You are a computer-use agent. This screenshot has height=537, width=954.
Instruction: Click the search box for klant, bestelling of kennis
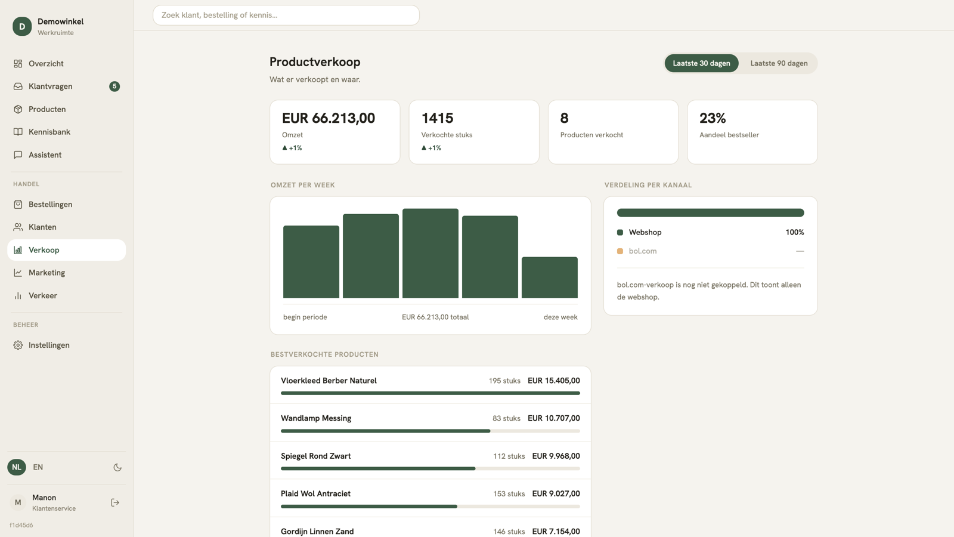point(286,15)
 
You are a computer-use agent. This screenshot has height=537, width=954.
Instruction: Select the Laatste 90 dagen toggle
point(779,63)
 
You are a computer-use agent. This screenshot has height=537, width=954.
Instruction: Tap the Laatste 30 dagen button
point(701,63)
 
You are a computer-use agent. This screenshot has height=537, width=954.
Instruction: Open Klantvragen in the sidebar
point(50,86)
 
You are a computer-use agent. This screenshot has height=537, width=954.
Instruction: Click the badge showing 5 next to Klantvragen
point(114,86)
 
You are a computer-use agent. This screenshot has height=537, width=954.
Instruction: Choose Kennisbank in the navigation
point(49,132)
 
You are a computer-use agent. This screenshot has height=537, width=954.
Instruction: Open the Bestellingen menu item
point(50,204)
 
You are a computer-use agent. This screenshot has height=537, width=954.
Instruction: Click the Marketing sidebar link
point(47,272)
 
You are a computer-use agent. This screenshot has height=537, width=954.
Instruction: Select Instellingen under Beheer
point(49,345)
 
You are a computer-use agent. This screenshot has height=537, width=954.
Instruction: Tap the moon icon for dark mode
point(117,467)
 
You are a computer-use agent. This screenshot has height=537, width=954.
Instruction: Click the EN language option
point(38,467)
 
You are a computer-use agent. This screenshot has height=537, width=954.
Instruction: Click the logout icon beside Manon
point(115,502)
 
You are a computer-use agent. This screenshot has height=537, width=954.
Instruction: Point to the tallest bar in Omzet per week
point(430,253)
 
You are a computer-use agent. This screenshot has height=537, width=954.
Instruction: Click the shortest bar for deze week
point(549,277)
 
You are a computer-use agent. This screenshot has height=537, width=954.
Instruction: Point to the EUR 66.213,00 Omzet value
point(329,118)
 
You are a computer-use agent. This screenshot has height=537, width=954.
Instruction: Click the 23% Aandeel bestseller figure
point(713,118)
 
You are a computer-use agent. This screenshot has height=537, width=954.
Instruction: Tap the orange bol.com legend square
point(620,251)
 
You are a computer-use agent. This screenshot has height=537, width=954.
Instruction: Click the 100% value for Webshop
point(795,232)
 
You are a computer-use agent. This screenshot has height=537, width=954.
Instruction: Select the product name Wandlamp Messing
point(316,418)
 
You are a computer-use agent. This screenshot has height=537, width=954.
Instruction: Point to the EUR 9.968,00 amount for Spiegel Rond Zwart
point(556,456)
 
